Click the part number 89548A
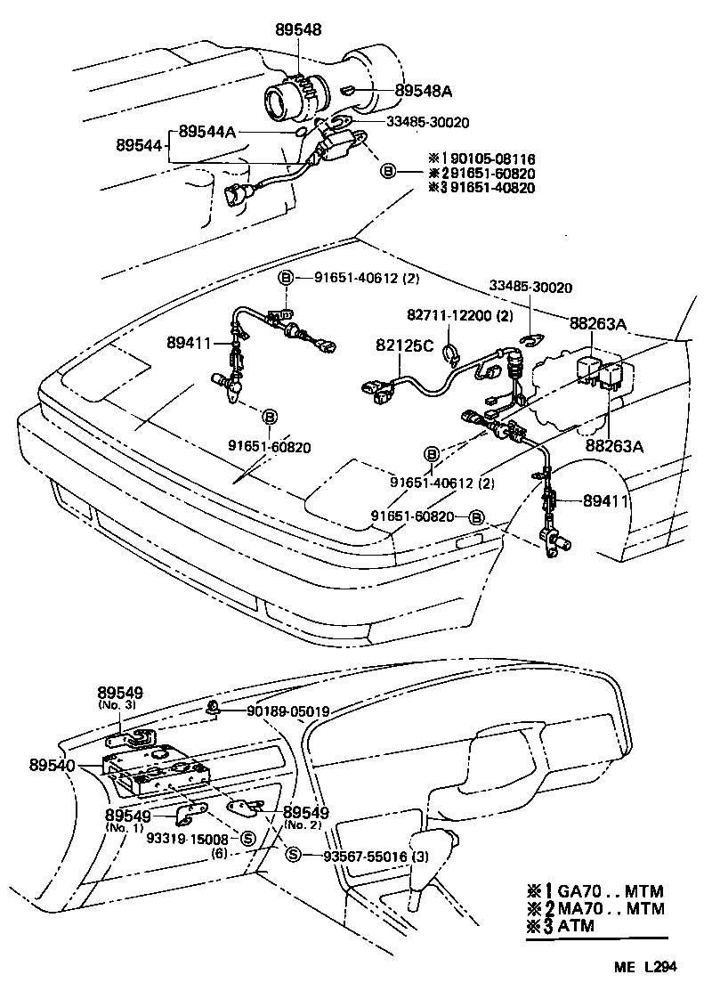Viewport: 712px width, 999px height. pyautogui.click(x=424, y=91)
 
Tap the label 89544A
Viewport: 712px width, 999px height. pyautogui.click(x=207, y=131)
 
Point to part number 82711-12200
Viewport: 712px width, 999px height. pyautogui.click(x=450, y=315)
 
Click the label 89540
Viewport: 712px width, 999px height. pyautogui.click(x=52, y=764)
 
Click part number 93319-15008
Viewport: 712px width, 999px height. pyautogui.click(x=187, y=838)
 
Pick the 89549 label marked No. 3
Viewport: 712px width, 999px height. pyautogui.click(x=120, y=692)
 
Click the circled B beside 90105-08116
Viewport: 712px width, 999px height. pyautogui.click(x=388, y=172)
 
